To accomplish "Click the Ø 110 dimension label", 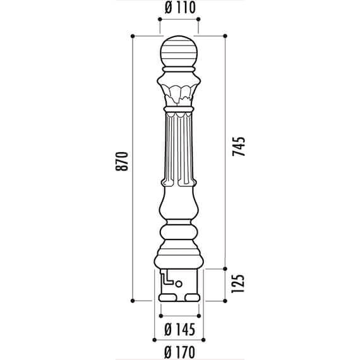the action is (180, 8).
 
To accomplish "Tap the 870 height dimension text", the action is (121, 161).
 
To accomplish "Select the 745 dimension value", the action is (239, 147).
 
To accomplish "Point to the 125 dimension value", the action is (238, 284).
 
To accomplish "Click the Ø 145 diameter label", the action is (180, 329).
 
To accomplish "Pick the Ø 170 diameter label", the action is (180, 352).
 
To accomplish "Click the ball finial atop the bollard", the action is (179, 51).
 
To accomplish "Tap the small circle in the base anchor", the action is (179, 284).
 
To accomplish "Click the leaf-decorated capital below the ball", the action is (179, 90).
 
